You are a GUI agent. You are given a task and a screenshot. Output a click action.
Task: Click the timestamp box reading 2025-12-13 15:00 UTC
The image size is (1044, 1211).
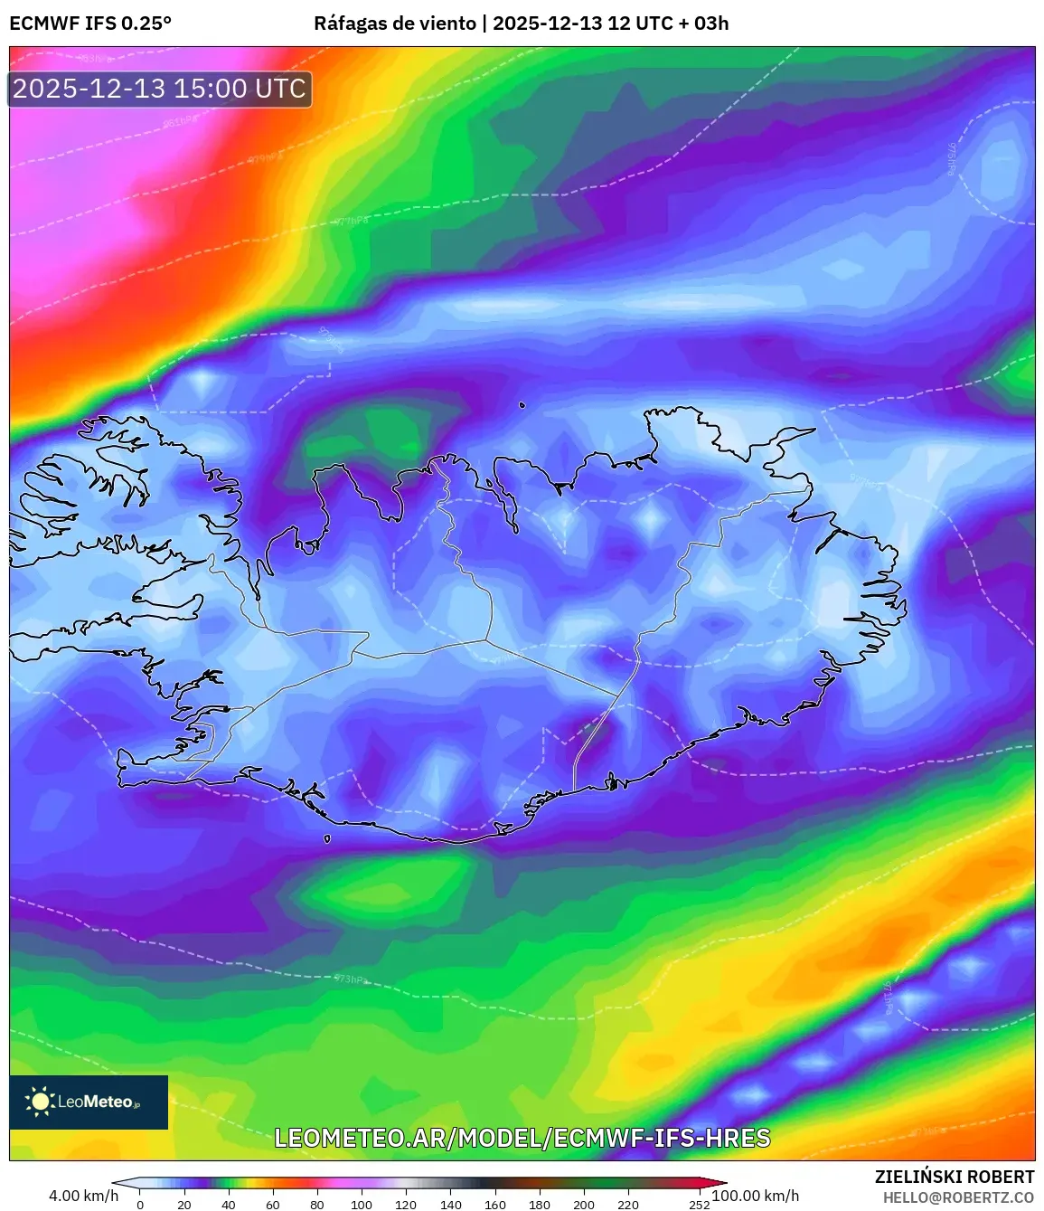point(160,89)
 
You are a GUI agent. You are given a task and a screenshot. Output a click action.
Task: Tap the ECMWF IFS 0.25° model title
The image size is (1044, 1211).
point(90,24)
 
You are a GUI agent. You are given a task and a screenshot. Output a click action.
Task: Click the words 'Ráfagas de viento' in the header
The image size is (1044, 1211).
point(394,24)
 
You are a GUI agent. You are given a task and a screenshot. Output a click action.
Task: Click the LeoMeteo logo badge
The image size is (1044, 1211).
point(89,1102)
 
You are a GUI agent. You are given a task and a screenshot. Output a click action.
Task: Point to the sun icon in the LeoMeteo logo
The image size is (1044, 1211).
point(40,1101)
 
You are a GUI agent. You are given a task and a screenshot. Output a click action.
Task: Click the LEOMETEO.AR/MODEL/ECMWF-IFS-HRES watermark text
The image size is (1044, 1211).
point(522,1138)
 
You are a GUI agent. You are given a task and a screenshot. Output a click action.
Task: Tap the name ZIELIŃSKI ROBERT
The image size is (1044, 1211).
point(955,1177)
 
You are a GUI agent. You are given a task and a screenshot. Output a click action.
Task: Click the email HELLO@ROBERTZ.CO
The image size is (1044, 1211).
point(958,1197)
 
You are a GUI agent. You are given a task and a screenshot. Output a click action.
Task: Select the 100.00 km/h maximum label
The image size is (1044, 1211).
point(756,1196)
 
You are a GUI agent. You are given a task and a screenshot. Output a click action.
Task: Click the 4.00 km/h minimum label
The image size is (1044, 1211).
point(83,1196)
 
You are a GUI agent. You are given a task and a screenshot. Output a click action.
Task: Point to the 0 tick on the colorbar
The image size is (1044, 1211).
point(140,1205)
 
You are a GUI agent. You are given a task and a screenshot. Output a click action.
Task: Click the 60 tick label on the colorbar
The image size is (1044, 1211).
point(273,1205)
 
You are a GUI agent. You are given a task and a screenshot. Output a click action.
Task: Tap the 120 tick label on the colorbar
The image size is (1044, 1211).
point(406,1205)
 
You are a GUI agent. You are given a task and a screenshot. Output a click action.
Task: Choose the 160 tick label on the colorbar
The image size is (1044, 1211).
point(494,1205)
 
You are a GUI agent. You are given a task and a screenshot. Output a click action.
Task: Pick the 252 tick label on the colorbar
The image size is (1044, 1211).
point(700,1205)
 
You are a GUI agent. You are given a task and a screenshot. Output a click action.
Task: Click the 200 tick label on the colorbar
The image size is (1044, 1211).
point(584,1205)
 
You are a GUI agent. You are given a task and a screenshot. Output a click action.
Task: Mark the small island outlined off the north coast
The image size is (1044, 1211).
point(522,405)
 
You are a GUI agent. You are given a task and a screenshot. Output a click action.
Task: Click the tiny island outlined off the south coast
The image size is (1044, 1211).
point(327,838)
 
